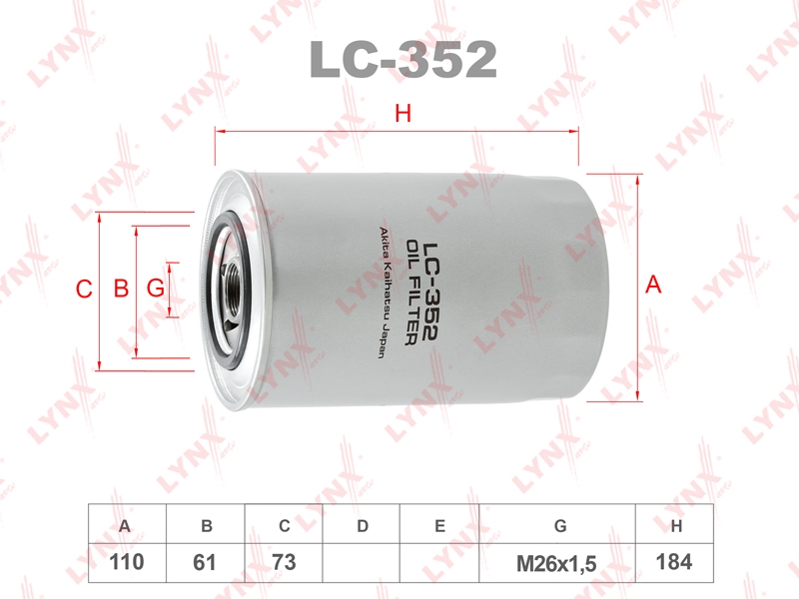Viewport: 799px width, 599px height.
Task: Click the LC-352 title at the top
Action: coord(403,60)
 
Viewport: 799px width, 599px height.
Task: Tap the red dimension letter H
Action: coord(403,113)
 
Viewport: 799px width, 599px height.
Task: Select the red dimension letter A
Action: coord(653,285)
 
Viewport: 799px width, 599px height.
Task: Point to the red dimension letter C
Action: coord(84,290)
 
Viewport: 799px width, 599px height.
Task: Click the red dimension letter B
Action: coord(121,289)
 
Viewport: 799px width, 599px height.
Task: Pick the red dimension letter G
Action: coord(156,289)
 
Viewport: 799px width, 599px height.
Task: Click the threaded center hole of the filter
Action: coord(234,288)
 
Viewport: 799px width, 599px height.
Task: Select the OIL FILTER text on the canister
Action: coord(412,293)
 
